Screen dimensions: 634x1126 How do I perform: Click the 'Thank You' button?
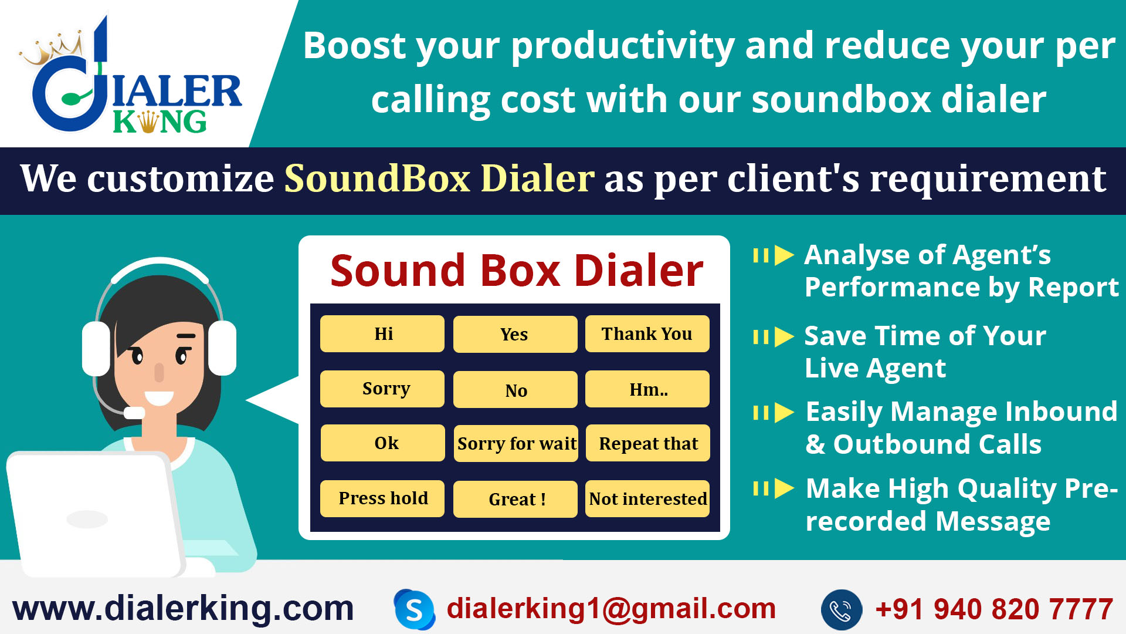pyautogui.click(x=647, y=334)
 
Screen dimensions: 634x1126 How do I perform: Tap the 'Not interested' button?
pyautogui.click(x=647, y=499)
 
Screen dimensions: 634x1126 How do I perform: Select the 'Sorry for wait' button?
pyautogui.click(x=515, y=444)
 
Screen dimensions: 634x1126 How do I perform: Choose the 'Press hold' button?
pyautogui.click(x=382, y=498)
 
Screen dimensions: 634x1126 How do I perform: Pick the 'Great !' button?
pyautogui.click(x=515, y=500)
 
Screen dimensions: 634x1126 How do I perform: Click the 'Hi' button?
pyautogui.click(x=382, y=334)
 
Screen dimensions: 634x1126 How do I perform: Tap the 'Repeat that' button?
pyautogui.click(x=647, y=444)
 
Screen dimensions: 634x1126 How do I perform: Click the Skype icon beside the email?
pyautogui.click(x=415, y=610)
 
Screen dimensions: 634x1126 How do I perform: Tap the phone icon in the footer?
pyautogui.click(x=841, y=610)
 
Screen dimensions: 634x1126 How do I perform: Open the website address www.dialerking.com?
pyautogui.click(x=183, y=608)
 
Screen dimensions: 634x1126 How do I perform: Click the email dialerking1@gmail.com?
pyautogui.click(x=611, y=608)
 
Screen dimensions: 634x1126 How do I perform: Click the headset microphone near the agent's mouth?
pyautogui.click(x=134, y=413)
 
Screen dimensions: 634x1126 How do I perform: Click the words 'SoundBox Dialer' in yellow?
pyautogui.click(x=439, y=178)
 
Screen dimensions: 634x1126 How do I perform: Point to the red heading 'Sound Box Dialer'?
pyautogui.click(x=516, y=271)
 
